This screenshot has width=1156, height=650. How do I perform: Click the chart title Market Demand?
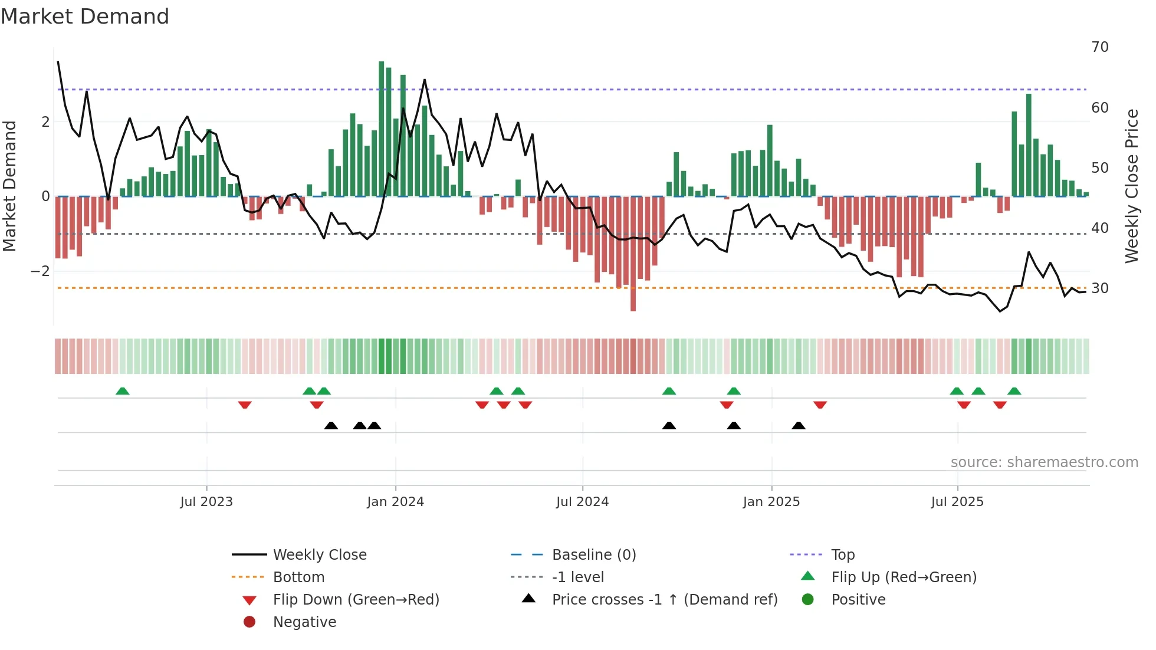pos(85,17)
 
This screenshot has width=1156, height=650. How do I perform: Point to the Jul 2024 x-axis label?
pos(582,502)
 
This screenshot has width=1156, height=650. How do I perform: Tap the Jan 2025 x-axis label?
pos(771,502)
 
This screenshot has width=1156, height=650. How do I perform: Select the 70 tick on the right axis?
pos(1099,47)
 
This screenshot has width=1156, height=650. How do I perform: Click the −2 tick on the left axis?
pos(41,271)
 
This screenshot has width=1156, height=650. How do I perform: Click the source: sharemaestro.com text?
pos(1044,462)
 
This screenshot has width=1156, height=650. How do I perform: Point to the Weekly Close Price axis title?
pos(1131,186)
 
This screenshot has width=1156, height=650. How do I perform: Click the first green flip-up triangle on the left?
pos(122,391)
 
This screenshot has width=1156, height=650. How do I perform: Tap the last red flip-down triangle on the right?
pos(1000,405)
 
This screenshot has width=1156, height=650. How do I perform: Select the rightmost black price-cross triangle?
pos(798,425)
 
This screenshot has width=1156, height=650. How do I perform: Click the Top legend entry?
pos(842,555)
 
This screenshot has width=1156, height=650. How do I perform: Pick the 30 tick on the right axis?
pos(1099,288)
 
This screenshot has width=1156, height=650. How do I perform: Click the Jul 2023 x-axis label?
pos(206,502)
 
